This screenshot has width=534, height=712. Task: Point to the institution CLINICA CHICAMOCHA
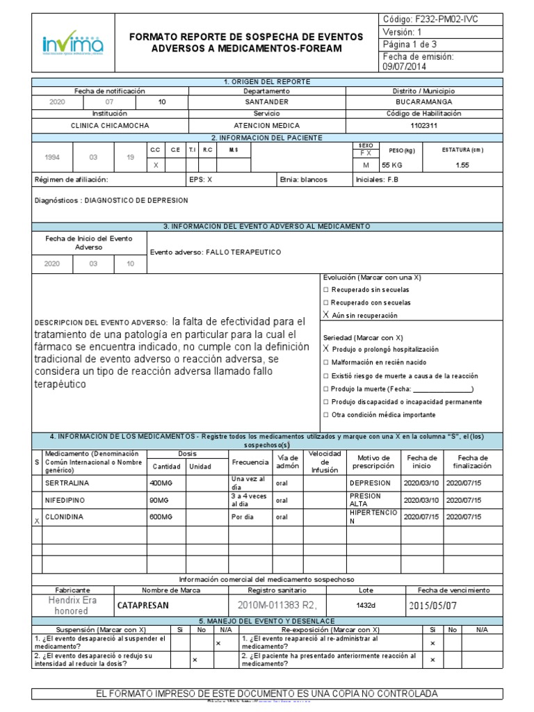(110, 126)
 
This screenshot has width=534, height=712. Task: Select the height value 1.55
(462, 165)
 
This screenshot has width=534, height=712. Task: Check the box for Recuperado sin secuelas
(326, 289)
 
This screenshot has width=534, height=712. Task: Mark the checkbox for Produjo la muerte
(326, 389)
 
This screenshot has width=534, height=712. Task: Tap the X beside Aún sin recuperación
(326, 315)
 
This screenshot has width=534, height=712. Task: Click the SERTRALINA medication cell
(67, 482)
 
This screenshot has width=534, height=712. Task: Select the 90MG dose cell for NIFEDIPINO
(160, 501)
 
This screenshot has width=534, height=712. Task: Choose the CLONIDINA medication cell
(65, 517)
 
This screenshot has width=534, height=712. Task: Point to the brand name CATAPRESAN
(143, 606)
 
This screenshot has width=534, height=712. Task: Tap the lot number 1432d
(366, 606)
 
